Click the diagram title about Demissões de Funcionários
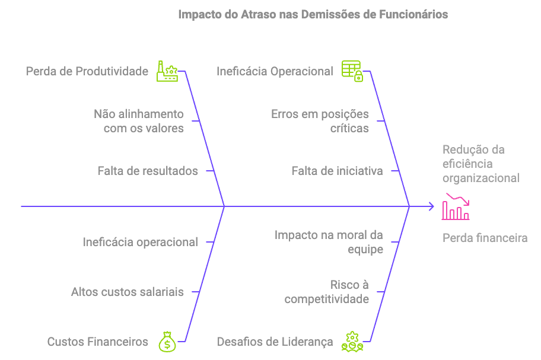(x=313, y=14)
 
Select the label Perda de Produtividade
(x=87, y=72)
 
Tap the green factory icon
(x=167, y=71)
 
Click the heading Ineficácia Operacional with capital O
(x=275, y=72)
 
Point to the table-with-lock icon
(x=352, y=71)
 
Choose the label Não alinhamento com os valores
(x=139, y=121)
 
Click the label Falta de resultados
(x=148, y=171)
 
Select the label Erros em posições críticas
(x=320, y=121)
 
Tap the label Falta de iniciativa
(x=337, y=171)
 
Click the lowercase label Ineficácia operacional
(x=140, y=242)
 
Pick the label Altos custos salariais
(x=127, y=292)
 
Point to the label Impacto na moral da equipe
(x=329, y=242)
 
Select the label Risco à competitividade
(x=327, y=292)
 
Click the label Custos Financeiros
(x=97, y=342)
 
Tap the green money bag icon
(x=167, y=342)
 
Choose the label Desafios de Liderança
(x=275, y=342)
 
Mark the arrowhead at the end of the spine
(x=431, y=206)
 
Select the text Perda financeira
(x=485, y=238)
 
